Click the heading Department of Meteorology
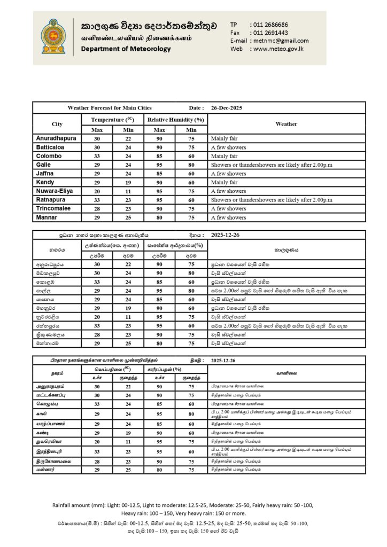tap(126, 49)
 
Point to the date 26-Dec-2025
tap(227, 108)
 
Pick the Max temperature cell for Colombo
tap(97, 156)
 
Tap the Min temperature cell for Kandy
tap(129, 182)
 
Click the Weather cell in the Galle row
tap(272, 165)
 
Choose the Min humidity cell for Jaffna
tap(191, 174)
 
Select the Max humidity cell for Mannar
tap(160, 217)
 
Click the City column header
tap(57, 124)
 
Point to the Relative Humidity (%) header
tap(176, 120)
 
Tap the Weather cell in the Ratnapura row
tap(272, 200)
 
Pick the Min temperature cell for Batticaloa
tap(129, 147)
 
